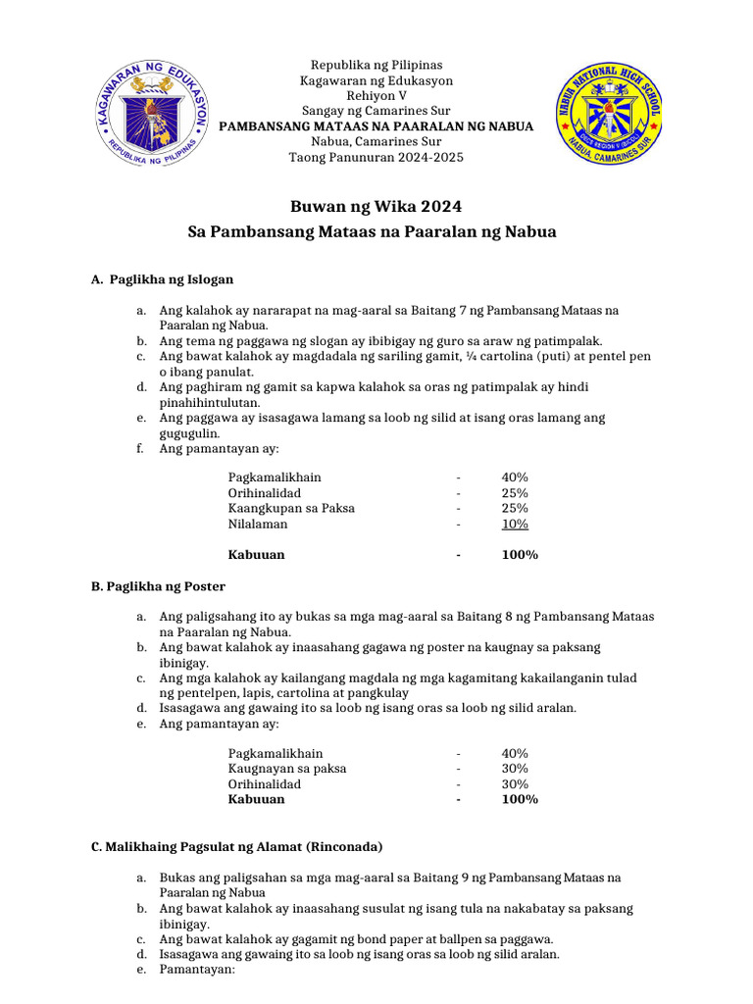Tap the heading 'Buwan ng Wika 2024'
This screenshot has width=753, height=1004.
pos(376,207)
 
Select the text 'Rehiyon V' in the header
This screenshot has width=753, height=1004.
pos(376,96)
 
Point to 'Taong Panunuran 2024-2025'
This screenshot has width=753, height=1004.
pos(376,158)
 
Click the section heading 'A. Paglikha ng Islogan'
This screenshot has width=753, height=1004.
pos(162,279)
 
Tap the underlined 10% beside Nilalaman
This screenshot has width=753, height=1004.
pos(515,524)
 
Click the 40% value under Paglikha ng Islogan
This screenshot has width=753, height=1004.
pos(515,477)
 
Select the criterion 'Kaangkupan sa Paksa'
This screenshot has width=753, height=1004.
pos(291,508)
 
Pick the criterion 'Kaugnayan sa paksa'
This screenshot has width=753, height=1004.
pos(287,769)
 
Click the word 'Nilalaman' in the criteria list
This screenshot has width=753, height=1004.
pos(258,524)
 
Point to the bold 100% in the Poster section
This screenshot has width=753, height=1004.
pos(519,799)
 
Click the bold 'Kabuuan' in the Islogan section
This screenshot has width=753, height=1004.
pos(256,555)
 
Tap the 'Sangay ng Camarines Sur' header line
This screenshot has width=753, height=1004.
pos(376,112)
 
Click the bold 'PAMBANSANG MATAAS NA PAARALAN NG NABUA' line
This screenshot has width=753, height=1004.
pos(376,127)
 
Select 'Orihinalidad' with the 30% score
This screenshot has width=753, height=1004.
pos(265,784)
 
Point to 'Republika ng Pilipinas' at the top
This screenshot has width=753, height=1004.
pos(376,65)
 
